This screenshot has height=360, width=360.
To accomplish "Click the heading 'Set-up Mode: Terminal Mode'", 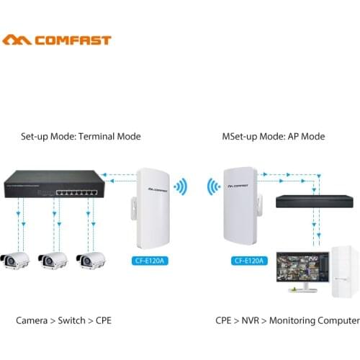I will (81, 136).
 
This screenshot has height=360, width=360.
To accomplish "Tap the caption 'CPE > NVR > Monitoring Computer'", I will (287, 320).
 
